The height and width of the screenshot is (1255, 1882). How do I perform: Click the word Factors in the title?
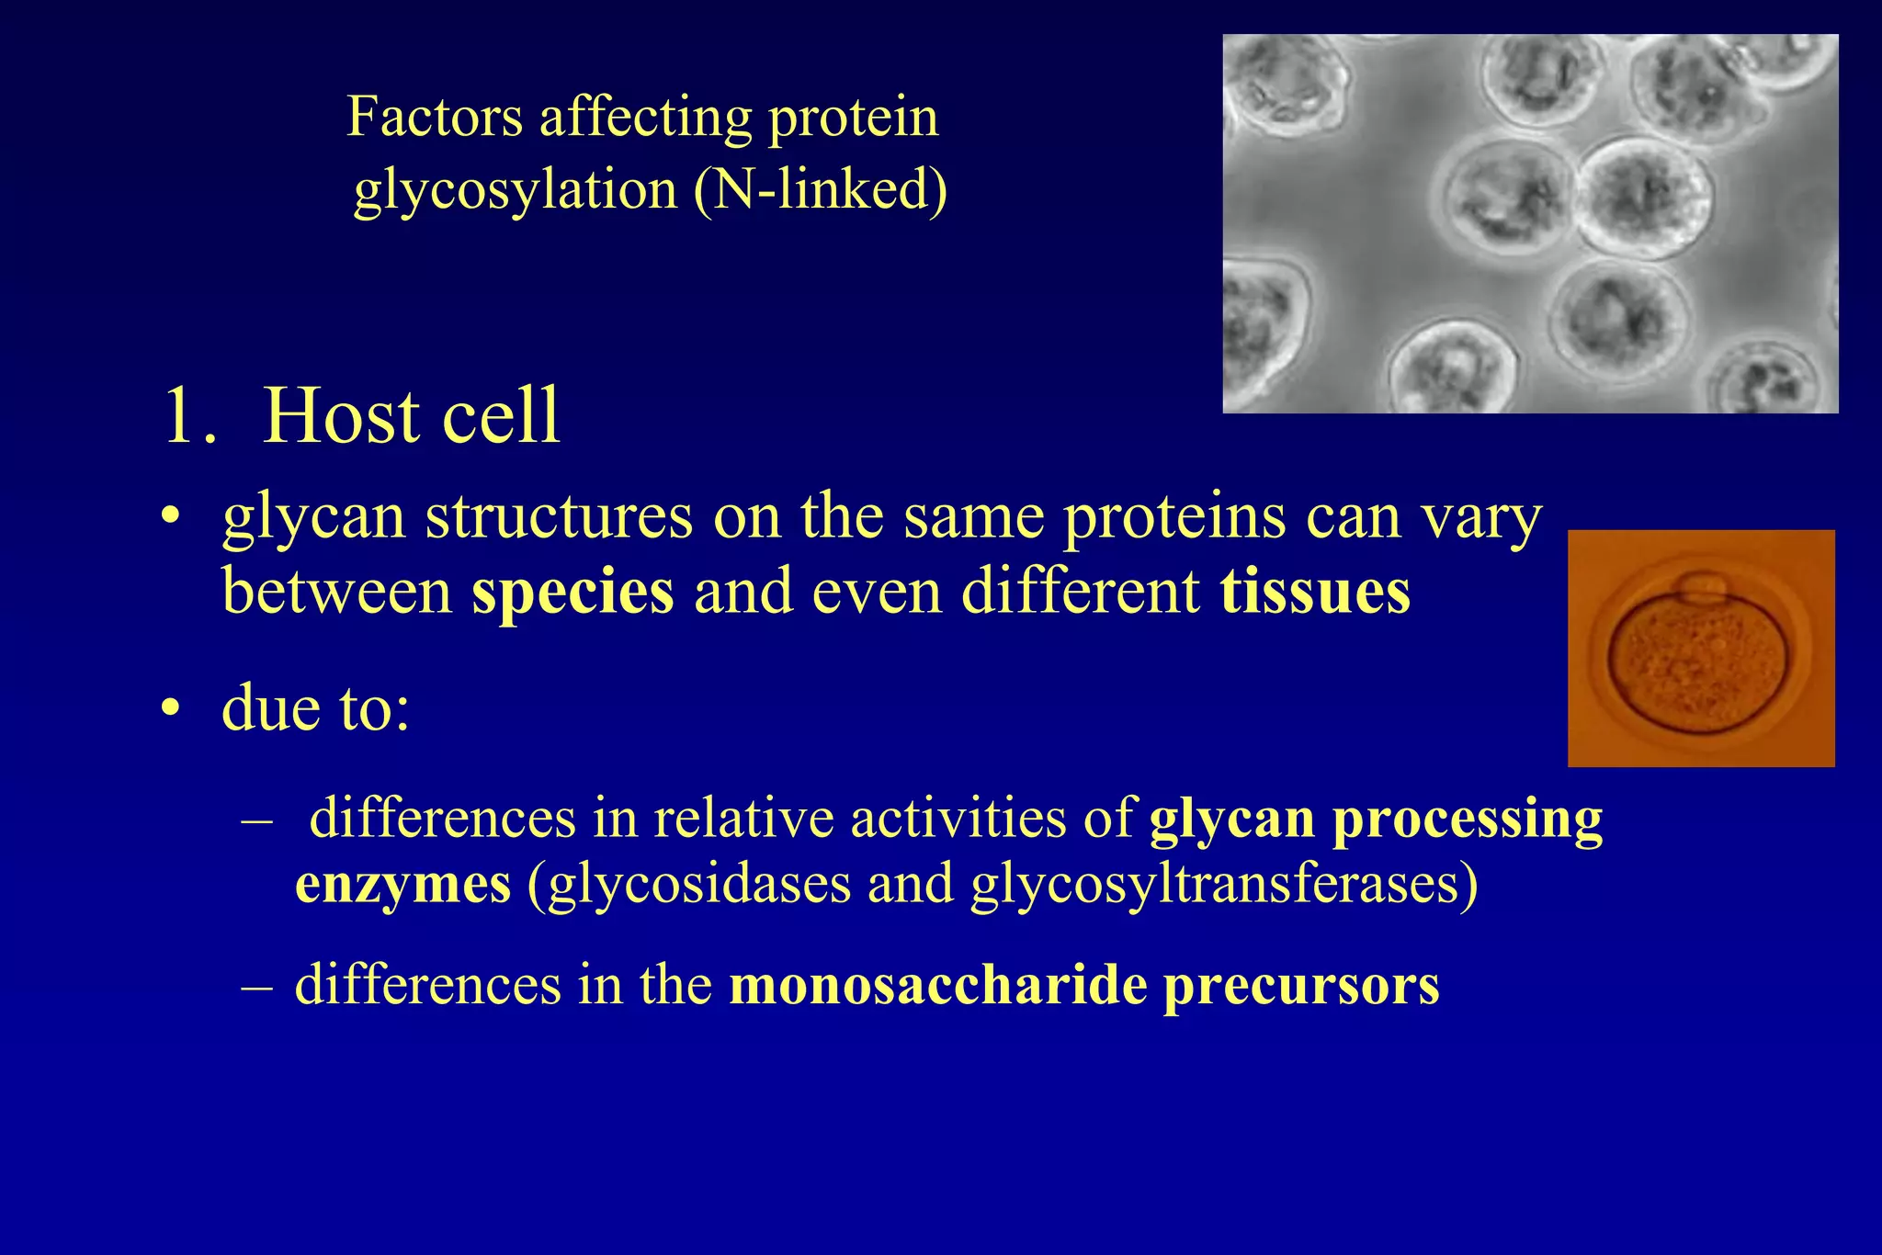(435, 118)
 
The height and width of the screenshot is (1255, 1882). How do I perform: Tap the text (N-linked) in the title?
(821, 190)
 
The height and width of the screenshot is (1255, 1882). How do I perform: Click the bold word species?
(573, 591)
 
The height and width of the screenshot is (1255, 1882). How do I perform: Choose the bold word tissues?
(1315, 591)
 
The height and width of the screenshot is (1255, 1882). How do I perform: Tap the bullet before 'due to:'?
(170, 709)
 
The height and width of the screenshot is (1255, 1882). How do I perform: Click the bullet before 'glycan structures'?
(170, 518)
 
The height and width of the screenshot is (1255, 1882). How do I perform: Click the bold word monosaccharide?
(937, 985)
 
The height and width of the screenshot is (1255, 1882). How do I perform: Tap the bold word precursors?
(1301, 985)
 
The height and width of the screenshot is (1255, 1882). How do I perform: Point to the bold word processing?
(1468, 819)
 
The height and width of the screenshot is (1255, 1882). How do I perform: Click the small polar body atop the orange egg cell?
(1701, 585)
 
